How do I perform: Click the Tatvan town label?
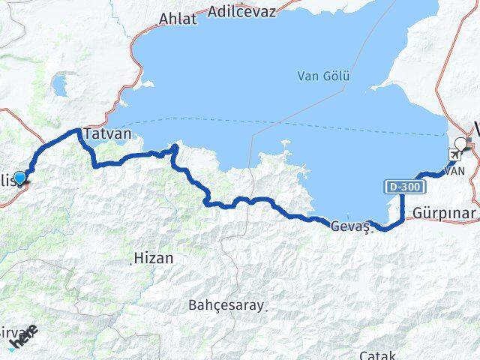tap(109, 133)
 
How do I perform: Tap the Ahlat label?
tap(179, 19)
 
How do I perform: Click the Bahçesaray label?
tap(225, 305)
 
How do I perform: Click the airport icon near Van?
tap(454, 154)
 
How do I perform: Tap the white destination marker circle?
tap(460, 143)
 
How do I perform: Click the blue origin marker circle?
tap(20, 177)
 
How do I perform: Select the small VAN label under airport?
tap(455, 171)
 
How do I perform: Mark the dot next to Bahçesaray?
tap(265, 306)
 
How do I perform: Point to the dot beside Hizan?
tap(133, 260)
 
